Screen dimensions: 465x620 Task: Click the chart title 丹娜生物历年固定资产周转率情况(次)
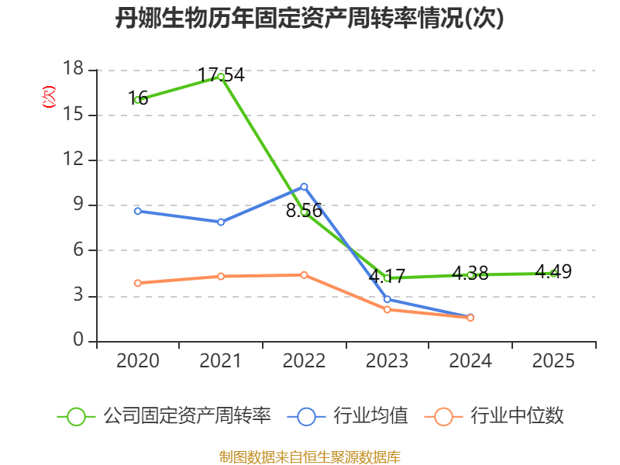(x=310, y=19)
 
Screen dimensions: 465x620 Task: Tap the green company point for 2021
(x=221, y=76)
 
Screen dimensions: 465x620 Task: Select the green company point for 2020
(x=138, y=100)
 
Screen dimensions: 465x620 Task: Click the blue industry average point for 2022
(x=304, y=186)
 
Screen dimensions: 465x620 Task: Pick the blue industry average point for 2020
(x=138, y=211)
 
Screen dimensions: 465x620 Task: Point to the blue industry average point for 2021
(x=221, y=222)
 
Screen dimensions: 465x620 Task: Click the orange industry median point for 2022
(x=304, y=275)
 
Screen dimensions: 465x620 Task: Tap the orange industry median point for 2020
(x=138, y=283)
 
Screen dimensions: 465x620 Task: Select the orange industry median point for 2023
(x=387, y=309)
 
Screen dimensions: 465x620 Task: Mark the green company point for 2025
(x=553, y=273)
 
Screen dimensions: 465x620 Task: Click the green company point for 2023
(x=387, y=278)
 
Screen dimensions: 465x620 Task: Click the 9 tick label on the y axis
(x=78, y=205)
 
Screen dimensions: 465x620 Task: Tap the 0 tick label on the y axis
(x=78, y=341)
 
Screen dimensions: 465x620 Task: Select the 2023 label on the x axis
(x=387, y=361)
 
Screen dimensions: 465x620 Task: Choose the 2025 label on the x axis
(x=553, y=361)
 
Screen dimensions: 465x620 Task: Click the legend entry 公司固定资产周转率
(x=187, y=416)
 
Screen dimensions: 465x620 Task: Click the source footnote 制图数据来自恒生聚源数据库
(x=310, y=456)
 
